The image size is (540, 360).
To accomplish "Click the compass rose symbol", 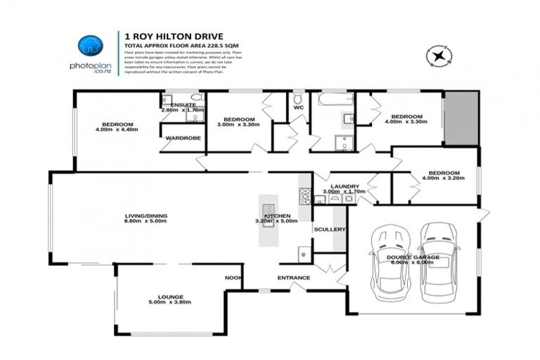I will point(440,56).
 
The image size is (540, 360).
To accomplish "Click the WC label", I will point(298,108).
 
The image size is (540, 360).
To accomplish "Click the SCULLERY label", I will point(330,229).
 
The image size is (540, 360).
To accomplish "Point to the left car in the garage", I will point(387,261).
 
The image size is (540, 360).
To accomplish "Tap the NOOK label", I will point(233,278).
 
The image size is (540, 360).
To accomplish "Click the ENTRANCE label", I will point(293,278).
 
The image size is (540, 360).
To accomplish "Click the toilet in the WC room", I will point(298,98).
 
